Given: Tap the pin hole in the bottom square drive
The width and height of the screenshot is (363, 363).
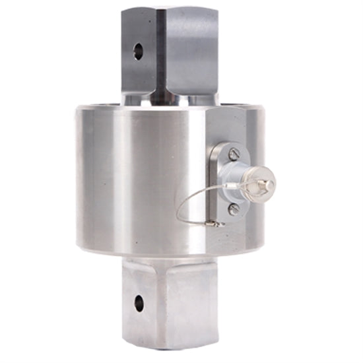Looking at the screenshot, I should pos(139,304).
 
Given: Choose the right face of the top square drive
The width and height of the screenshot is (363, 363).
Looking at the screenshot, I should pos(191,53).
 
